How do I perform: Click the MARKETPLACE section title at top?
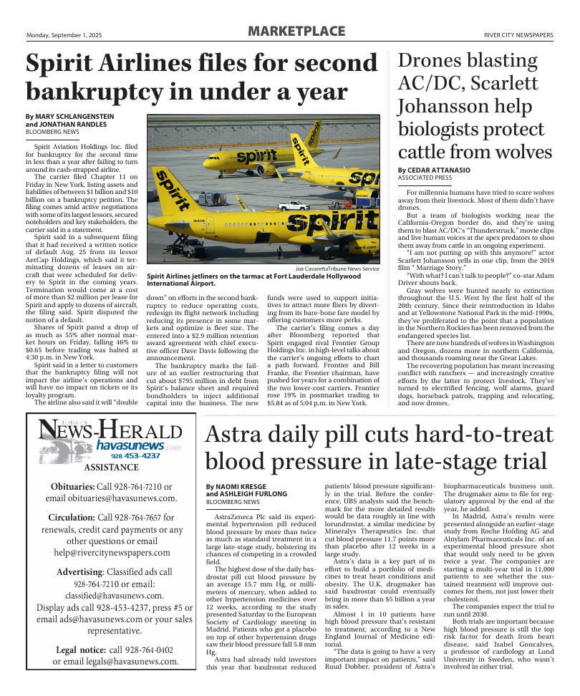coord(296,32)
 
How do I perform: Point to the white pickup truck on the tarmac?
coord(293,206)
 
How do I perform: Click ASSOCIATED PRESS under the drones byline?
coord(425,178)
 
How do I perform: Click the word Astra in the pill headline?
coord(237,434)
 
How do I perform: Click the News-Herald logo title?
coord(110,431)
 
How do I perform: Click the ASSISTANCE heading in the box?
coord(111,468)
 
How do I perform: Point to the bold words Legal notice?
coord(81,650)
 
